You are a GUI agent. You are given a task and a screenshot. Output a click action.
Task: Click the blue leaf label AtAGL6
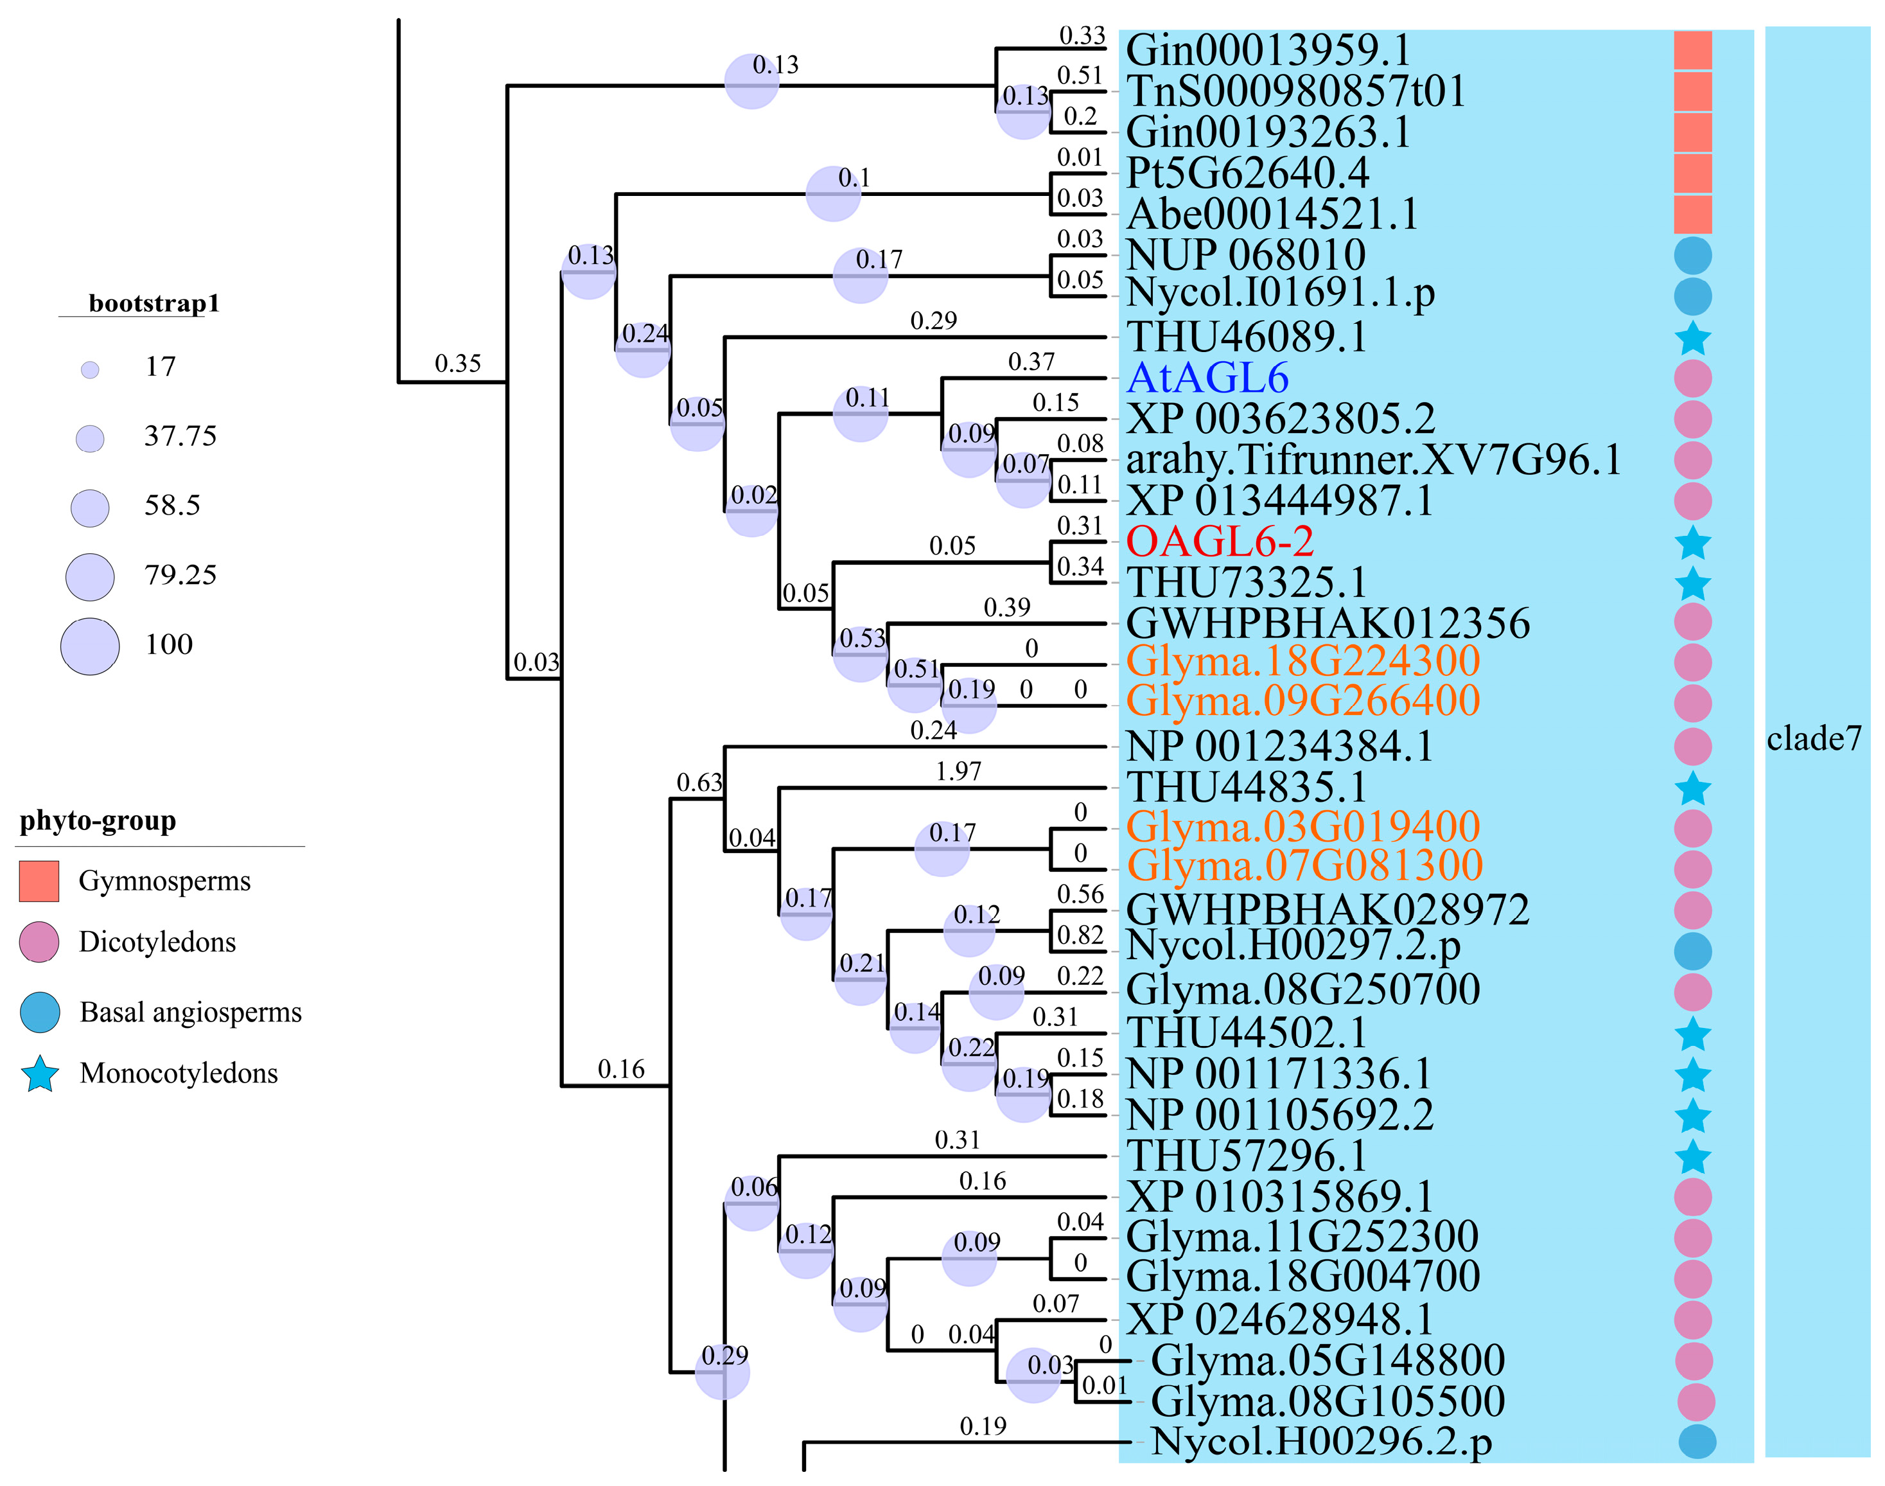pyautogui.click(x=1207, y=378)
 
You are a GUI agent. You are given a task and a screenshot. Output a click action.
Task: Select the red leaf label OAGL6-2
pyautogui.click(x=1219, y=542)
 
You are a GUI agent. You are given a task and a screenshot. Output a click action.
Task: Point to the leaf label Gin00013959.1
pyautogui.click(x=1267, y=51)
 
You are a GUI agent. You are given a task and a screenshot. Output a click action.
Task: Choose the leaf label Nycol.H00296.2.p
pyautogui.click(x=1321, y=1442)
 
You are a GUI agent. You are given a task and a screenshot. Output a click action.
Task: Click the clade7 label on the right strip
pyautogui.click(x=1814, y=739)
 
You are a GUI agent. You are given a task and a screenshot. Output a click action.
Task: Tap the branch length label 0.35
pyautogui.click(x=457, y=364)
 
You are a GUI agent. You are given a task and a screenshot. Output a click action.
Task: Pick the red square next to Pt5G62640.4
pyautogui.click(x=1693, y=173)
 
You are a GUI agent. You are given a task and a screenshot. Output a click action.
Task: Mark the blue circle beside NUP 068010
pyautogui.click(x=1693, y=256)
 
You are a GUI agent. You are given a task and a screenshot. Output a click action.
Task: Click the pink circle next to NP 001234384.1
pyautogui.click(x=1693, y=747)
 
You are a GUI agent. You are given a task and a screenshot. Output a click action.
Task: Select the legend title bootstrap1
pyautogui.click(x=154, y=304)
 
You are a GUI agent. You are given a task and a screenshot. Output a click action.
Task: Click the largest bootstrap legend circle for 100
pyautogui.click(x=90, y=646)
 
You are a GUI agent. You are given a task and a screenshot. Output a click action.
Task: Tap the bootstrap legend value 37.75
pyautogui.click(x=180, y=436)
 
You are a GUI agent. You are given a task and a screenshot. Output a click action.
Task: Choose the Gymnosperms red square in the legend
pyautogui.click(x=39, y=880)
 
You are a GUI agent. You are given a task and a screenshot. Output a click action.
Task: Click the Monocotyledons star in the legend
pyautogui.click(x=40, y=1074)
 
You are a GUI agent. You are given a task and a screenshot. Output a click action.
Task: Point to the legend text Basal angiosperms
pyautogui.click(x=191, y=1013)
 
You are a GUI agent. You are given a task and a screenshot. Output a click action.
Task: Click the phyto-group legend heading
pyautogui.click(x=98, y=820)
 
